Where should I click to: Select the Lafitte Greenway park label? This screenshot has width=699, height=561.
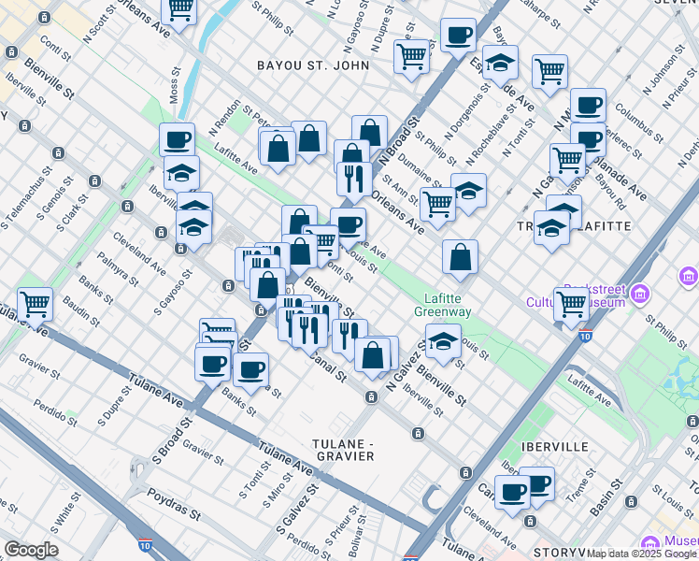(444, 306)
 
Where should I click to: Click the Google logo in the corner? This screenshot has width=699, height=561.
(31, 550)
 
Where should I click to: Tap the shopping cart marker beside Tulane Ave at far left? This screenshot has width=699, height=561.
(35, 304)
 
